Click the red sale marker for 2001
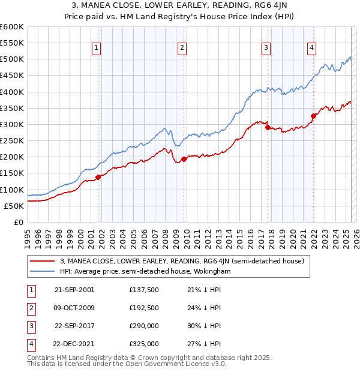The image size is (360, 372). pyautogui.click(x=98, y=177)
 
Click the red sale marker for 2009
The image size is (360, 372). pyautogui.click(x=184, y=159)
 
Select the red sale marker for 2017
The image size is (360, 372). pyautogui.click(x=268, y=127)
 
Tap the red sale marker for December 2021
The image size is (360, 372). pyautogui.click(x=313, y=116)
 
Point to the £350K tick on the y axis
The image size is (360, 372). pyautogui.click(x=12, y=109)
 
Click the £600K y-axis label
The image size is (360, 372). pyautogui.click(x=12, y=27)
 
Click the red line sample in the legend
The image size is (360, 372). pyautogui.click(x=42, y=261)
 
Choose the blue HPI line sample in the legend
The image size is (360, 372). pyautogui.click(x=42, y=271)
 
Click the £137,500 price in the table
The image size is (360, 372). pyautogui.click(x=144, y=289)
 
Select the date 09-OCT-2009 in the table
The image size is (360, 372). pyautogui.click(x=74, y=307)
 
